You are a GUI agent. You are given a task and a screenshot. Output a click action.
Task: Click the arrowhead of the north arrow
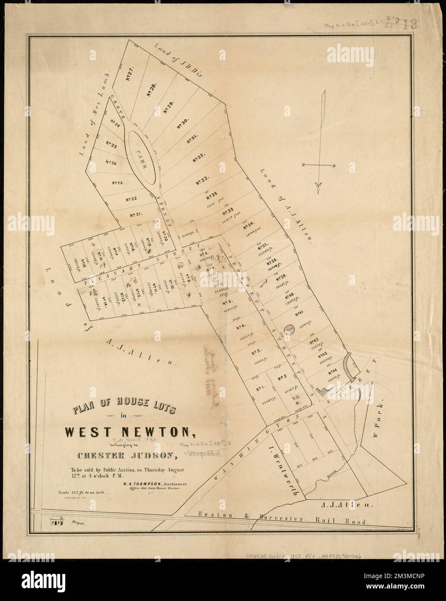coord(319,186)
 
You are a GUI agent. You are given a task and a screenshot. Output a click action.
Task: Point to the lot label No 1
coord(261,389)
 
